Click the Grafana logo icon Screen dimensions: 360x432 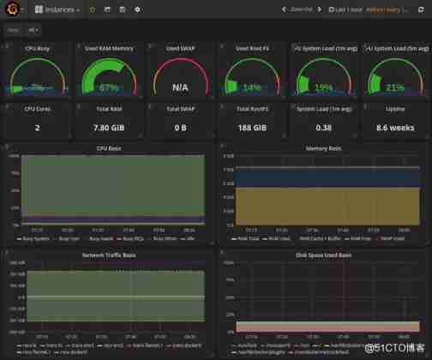point(13,9)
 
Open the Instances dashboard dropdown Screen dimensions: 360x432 point(58,9)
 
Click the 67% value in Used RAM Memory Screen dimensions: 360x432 point(108,87)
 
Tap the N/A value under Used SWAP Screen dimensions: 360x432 point(180,87)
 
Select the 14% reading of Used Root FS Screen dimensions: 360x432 point(252,87)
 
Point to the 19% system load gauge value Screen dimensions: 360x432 point(323,87)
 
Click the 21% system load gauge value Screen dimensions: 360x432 point(394,87)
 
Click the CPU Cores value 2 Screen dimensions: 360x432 point(37,128)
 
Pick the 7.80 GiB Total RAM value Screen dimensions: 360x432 point(108,128)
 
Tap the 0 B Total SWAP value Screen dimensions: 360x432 point(180,128)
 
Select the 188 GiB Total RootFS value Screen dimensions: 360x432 point(252,128)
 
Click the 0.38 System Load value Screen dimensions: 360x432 point(323,128)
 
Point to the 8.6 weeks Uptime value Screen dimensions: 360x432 point(394,128)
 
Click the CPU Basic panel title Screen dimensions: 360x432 point(108,148)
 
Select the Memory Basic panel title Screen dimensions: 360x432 point(323,148)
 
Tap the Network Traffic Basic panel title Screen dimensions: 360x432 point(108,255)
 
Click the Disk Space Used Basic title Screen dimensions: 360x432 point(323,255)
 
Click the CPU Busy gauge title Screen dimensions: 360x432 point(37,49)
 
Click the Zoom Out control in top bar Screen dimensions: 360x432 point(302,9)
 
